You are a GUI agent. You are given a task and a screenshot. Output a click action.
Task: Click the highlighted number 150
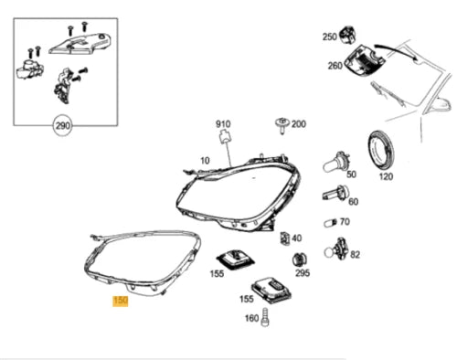pyautogui.click(x=120, y=300)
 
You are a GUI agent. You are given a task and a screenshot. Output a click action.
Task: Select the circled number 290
pyautogui.click(x=62, y=128)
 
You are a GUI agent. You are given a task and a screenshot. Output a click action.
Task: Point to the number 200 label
pyautogui.click(x=299, y=123)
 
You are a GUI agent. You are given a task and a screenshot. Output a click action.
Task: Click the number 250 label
pyautogui.click(x=329, y=37)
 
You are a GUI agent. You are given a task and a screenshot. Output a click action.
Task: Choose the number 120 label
pyautogui.click(x=385, y=175)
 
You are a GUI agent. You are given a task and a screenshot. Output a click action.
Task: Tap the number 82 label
pyautogui.click(x=355, y=254)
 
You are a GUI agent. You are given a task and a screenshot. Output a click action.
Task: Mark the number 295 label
pyautogui.click(x=303, y=273)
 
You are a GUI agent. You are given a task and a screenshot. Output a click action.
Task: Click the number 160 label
pyautogui.click(x=251, y=319)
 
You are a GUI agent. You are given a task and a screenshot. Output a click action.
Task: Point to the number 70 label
pyautogui.click(x=344, y=221)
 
